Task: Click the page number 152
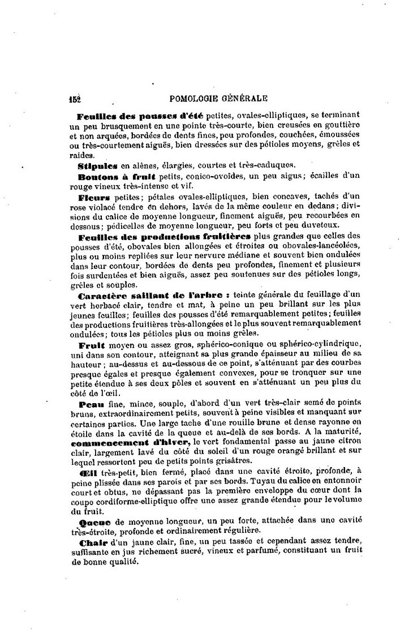pos(75,98)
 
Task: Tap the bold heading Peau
pos(89,404)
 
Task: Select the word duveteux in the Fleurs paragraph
pos(319,225)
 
